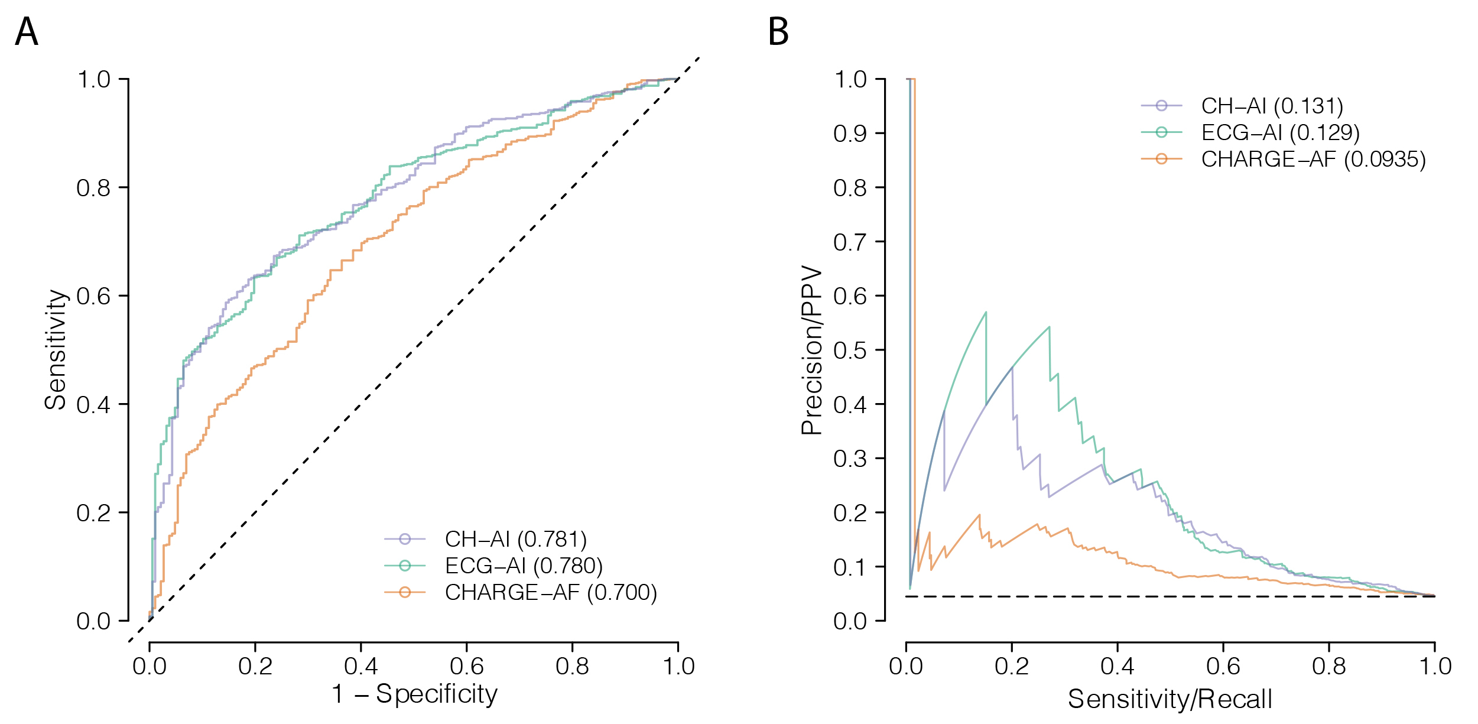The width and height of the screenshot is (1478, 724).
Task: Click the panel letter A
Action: (x=27, y=32)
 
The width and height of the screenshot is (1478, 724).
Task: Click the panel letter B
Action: (x=778, y=32)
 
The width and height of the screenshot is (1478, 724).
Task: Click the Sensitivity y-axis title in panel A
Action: (x=56, y=349)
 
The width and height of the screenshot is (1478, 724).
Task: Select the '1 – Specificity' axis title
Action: (x=414, y=694)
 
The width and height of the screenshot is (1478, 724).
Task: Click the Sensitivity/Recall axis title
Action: (x=1170, y=699)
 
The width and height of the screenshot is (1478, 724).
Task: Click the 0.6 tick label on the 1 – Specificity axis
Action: (x=466, y=666)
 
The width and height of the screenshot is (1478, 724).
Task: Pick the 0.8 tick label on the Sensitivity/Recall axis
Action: (x=1328, y=666)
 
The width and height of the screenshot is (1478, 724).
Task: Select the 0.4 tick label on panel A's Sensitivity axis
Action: (x=93, y=405)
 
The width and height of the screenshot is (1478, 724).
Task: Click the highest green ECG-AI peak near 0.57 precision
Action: (x=986, y=313)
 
